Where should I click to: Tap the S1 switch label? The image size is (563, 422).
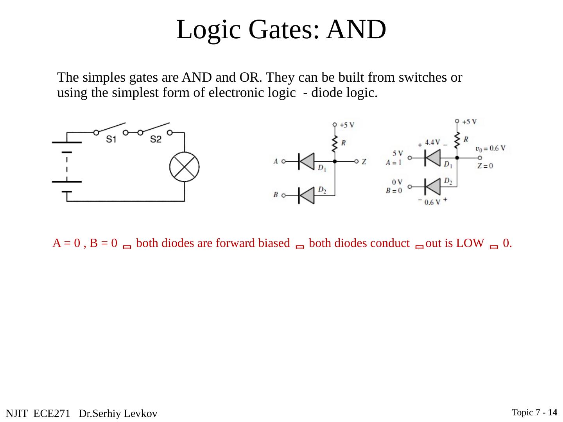click(111, 139)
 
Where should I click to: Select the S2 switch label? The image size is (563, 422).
click(156, 139)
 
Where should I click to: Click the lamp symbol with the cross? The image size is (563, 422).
click(184, 167)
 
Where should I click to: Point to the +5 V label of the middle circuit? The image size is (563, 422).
click(347, 125)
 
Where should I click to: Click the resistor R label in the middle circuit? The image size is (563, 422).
click(343, 143)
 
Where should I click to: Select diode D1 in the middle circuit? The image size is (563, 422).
click(306, 161)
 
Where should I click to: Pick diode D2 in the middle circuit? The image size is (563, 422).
click(306, 195)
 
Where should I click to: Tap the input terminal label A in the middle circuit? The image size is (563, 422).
click(276, 161)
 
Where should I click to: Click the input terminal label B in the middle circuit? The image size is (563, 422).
click(276, 195)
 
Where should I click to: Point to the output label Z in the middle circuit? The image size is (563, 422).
click(364, 161)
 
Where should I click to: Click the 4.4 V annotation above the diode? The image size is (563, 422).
click(432, 142)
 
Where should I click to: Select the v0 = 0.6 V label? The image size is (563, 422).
click(490, 148)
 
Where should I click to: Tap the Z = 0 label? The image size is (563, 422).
click(485, 166)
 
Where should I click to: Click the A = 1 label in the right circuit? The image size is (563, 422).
click(394, 163)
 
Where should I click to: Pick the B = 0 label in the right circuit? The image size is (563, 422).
click(394, 191)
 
